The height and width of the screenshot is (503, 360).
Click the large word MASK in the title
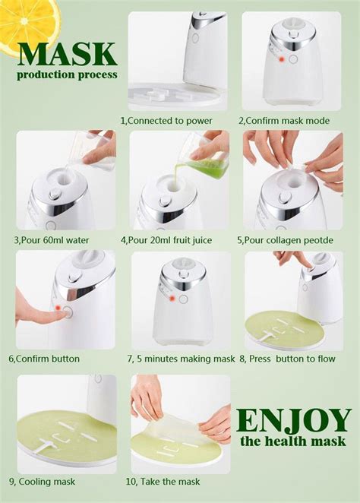click(x=67, y=54)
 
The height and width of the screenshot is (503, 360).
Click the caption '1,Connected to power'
click(x=166, y=121)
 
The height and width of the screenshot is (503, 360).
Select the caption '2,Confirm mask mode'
click(x=285, y=121)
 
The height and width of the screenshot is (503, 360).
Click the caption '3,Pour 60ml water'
click(x=51, y=240)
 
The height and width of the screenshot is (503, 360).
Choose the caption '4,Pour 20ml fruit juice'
click(x=172, y=240)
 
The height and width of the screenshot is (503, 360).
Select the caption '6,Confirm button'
click(x=44, y=359)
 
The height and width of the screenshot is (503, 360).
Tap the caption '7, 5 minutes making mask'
click(x=181, y=359)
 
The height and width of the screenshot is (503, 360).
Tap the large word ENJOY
click(x=292, y=420)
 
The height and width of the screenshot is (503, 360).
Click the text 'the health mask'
click(x=292, y=441)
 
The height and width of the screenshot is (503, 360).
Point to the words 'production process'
click(x=67, y=74)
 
